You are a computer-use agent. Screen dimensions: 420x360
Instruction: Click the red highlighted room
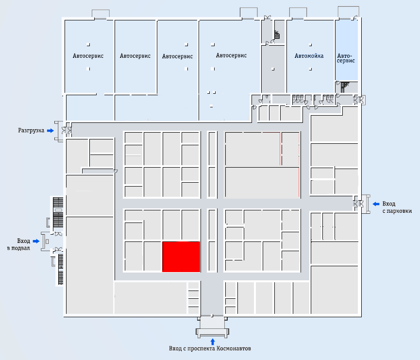tap(181, 257)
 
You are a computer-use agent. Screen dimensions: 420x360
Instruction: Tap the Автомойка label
tap(309, 56)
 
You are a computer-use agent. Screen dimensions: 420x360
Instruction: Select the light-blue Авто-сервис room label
tap(346, 58)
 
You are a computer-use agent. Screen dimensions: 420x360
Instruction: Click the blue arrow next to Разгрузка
tap(50, 131)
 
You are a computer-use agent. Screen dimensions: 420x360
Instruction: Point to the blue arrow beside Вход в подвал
tap(36, 241)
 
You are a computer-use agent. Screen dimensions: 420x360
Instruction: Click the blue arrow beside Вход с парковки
tap(376, 204)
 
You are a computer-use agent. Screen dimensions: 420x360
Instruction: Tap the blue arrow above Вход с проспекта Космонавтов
tap(213, 342)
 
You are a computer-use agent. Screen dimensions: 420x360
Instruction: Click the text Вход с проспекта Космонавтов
tap(210, 348)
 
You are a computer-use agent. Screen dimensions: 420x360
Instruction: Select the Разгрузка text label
tap(31, 131)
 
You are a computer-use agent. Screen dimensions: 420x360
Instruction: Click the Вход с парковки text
tap(397, 207)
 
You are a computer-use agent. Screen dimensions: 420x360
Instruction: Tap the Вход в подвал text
tap(18, 244)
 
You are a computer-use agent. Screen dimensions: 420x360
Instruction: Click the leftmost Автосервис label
tap(88, 56)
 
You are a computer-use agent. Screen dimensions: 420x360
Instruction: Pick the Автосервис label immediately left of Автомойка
tap(231, 55)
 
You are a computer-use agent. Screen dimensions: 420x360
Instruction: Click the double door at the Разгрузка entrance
tap(67, 130)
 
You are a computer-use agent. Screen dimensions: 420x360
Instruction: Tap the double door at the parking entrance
tap(359, 204)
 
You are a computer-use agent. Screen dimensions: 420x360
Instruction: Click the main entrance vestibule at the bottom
tap(212, 326)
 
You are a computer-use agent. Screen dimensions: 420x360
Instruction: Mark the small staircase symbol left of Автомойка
tap(277, 35)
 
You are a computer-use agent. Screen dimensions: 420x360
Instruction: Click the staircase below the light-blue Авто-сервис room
tap(345, 87)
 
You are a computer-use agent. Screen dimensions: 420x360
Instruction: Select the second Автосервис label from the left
tap(135, 56)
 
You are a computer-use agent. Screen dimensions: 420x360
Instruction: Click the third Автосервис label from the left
tap(177, 56)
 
